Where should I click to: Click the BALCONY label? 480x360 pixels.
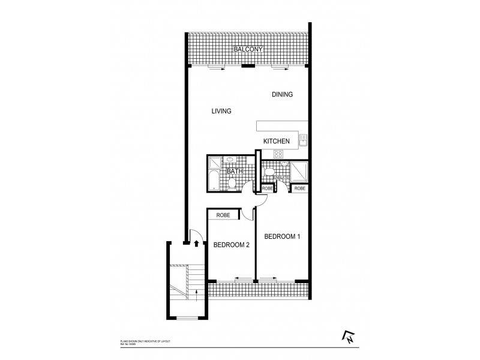tap(248, 48)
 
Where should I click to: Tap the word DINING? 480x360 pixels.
tap(281, 95)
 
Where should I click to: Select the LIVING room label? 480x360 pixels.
tap(221, 111)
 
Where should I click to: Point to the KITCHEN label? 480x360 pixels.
tap(277, 142)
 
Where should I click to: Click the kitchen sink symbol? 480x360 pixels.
tap(304, 139)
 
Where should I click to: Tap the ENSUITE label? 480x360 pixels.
tap(281, 178)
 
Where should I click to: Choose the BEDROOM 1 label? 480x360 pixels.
tap(282, 236)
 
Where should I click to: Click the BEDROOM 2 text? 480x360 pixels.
tap(231, 244)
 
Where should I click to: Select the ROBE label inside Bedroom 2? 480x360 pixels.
tap(223, 214)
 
